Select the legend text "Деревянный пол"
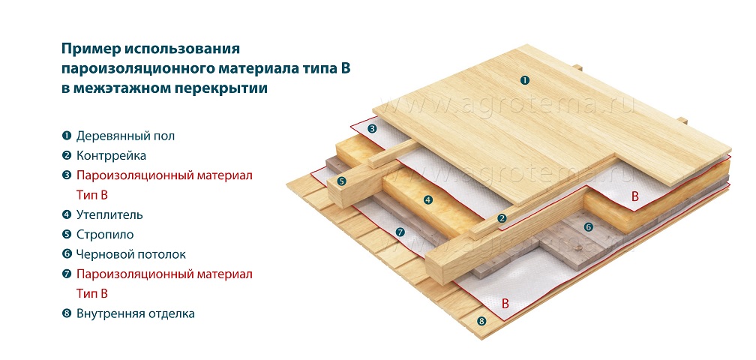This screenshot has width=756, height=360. tap(125, 136)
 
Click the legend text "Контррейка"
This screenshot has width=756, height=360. tap(111, 156)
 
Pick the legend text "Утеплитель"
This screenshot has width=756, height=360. tap(109, 215)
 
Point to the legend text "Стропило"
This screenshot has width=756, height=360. tap(105, 235)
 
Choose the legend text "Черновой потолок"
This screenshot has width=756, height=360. tap(130, 255)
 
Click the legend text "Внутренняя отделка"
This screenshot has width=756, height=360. tap(136, 314)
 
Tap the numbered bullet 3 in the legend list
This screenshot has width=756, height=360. tap(67, 176)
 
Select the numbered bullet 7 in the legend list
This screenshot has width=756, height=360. tap(67, 274)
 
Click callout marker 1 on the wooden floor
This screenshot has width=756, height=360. tap(524, 80)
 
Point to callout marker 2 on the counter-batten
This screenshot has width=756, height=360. tap(502, 218)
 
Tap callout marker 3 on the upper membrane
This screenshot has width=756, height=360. tap(372, 129)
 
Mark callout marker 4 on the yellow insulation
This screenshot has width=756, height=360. tap(427, 199)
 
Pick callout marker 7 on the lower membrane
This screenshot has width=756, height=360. tap(399, 232)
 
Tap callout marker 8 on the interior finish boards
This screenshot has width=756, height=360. tap(481, 322)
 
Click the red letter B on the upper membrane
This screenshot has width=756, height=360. tap(635, 196)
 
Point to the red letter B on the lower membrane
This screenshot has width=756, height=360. tap(505, 304)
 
